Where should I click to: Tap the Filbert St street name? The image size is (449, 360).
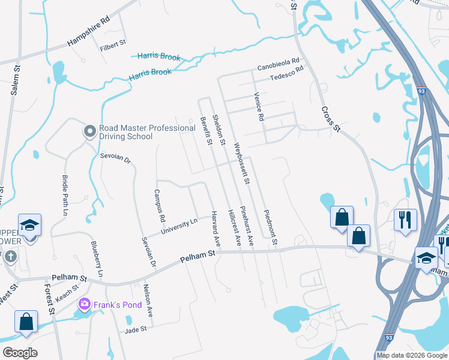[x=113, y=43]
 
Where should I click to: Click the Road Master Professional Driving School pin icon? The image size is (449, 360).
[x=89, y=131]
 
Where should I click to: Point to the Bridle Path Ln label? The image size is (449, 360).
[x=65, y=196]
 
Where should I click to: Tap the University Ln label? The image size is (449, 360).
[x=178, y=227]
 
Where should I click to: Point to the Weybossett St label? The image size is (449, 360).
[x=244, y=163]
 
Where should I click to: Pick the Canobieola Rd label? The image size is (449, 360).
[x=279, y=63]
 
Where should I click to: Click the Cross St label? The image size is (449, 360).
[x=331, y=119]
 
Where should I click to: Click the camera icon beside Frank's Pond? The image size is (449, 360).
[x=84, y=305]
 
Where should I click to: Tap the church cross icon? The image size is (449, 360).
[x=10, y=257]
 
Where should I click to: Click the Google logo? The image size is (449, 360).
[x=20, y=353]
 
